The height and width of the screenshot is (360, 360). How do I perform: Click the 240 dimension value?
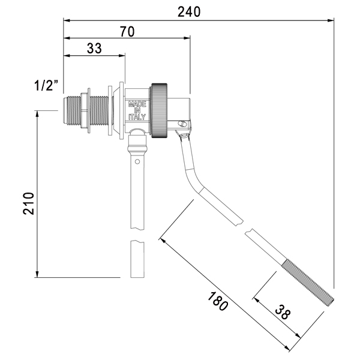pos(189,12)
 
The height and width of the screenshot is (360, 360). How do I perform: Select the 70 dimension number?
pos(127,32)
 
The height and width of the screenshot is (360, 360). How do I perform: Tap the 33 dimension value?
pos(94,49)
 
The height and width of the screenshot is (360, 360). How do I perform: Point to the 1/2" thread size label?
pos(46,85)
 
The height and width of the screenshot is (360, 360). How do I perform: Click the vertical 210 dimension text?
pos(28,203)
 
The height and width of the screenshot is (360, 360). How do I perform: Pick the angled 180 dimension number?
pos(218,301)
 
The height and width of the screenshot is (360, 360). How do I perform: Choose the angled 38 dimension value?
pos(283,312)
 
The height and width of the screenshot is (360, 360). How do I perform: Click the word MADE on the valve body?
pos(137,104)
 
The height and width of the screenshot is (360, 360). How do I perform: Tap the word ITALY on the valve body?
pos(137,117)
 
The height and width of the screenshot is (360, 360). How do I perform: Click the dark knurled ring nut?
pos(159,110)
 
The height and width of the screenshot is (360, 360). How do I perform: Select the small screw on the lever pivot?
pos(183,124)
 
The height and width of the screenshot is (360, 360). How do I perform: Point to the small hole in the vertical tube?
pos(137,161)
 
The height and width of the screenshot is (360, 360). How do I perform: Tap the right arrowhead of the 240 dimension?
pos(331,20)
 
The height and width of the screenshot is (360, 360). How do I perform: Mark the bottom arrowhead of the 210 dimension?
pos(37,274)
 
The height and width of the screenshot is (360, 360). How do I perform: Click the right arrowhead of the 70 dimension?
pos(187,38)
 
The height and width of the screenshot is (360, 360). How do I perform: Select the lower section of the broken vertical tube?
pos(137,259)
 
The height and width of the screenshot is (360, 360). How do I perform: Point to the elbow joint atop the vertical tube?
pos(137,133)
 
